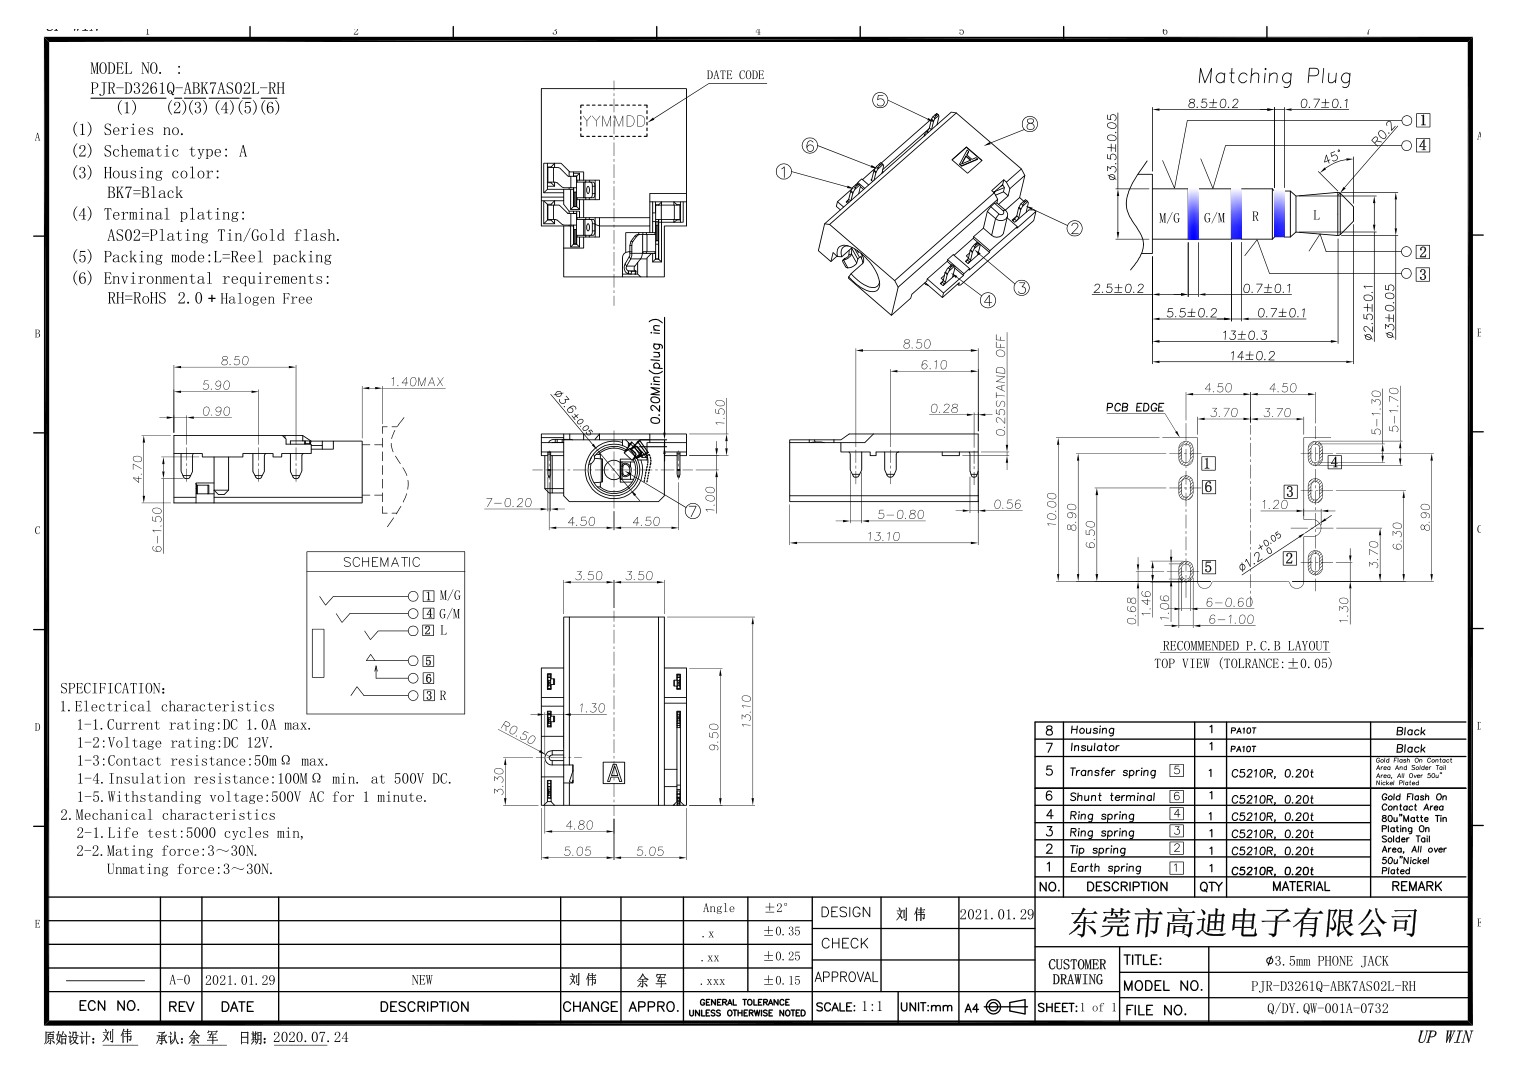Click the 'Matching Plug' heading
point(1274,76)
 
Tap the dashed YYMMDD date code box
point(614,121)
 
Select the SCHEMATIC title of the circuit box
point(382,562)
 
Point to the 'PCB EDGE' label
point(1135,407)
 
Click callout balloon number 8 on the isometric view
point(1030,124)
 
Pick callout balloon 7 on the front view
point(692,511)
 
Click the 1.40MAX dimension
point(417,382)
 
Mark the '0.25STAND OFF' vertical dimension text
point(1001,385)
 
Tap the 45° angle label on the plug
point(1332,158)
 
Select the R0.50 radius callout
point(517,733)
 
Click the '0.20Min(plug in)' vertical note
point(655,372)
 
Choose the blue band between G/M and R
point(1236,215)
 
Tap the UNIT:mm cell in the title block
point(927,1007)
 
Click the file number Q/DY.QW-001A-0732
point(1327,1009)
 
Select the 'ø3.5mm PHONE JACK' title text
point(1327,961)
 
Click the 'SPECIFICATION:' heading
point(113,688)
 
